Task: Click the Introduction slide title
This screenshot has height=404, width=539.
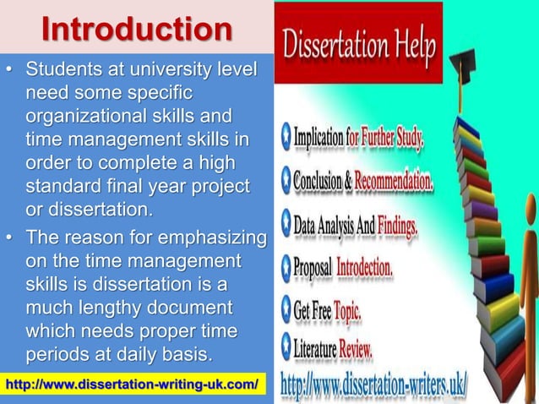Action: pos(138,28)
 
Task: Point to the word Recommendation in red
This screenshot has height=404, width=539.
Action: pos(395,180)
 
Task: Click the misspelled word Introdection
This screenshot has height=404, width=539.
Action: pos(365,268)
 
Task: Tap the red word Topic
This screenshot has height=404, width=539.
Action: pos(346,312)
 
